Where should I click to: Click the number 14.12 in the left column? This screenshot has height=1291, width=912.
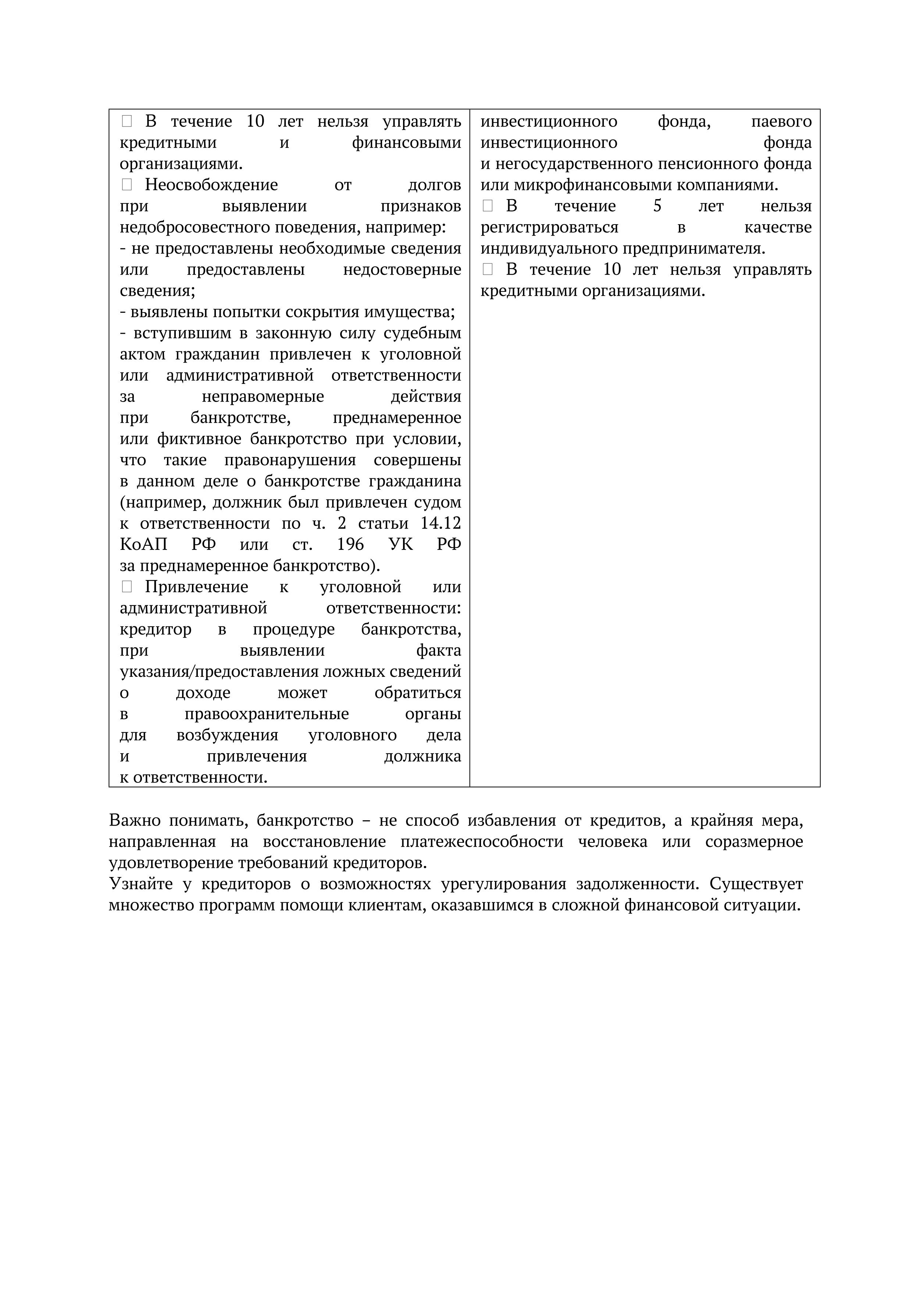tap(441, 523)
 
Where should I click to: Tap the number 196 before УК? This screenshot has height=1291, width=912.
tap(350, 544)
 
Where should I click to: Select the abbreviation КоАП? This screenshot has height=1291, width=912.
tap(143, 544)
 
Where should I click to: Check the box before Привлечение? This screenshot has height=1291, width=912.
tap(127, 587)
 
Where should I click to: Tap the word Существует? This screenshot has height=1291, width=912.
tap(756, 884)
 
